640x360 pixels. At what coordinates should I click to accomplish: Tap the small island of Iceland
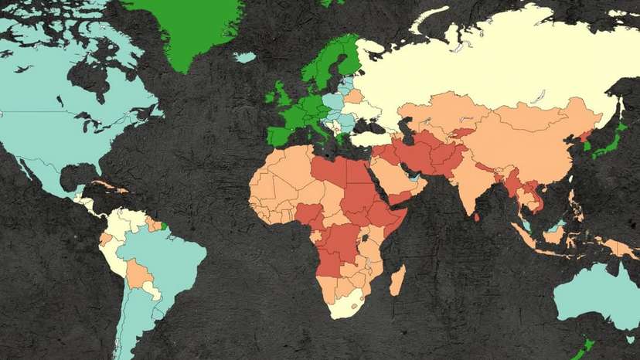[x=245, y=57]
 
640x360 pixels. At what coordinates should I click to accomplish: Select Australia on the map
[x=595, y=297]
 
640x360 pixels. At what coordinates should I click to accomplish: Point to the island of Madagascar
[x=397, y=280]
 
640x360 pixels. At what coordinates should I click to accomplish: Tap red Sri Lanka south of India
[x=477, y=216]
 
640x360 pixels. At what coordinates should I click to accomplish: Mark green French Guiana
[x=163, y=226]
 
